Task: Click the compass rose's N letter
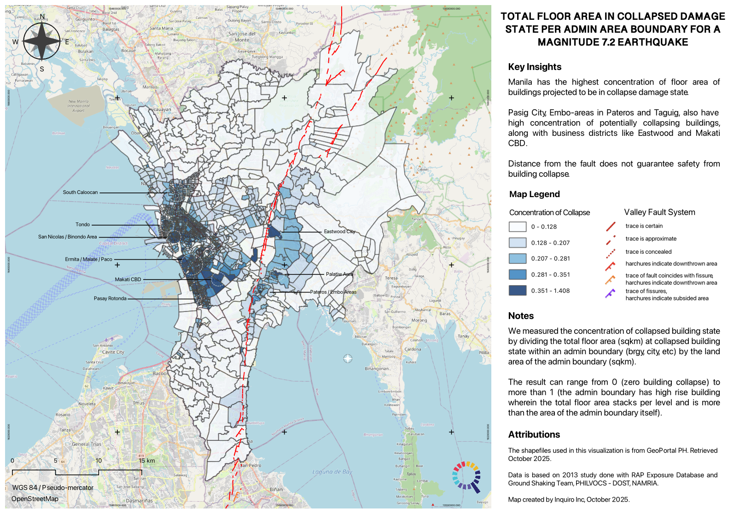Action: tap(42, 17)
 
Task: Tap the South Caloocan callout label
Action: tap(80, 193)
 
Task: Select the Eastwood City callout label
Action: tap(339, 232)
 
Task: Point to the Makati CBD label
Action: tap(128, 280)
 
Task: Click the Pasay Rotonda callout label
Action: tap(110, 298)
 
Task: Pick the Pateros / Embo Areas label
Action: tap(333, 292)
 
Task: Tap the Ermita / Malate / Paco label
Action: tap(88, 259)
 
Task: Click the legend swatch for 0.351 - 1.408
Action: tap(517, 291)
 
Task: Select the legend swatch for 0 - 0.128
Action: tap(517, 227)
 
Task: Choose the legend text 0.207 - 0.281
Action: tap(550, 259)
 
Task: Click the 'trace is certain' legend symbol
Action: tap(611, 226)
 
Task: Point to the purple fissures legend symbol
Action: tap(610, 293)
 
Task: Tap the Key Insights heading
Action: tap(534, 67)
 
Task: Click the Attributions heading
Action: tap(534, 435)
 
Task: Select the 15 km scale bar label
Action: tap(146, 461)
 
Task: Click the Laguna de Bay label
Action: tap(332, 472)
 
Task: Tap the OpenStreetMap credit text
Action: tap(35, 499)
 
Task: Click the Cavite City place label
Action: tap(113, 352)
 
